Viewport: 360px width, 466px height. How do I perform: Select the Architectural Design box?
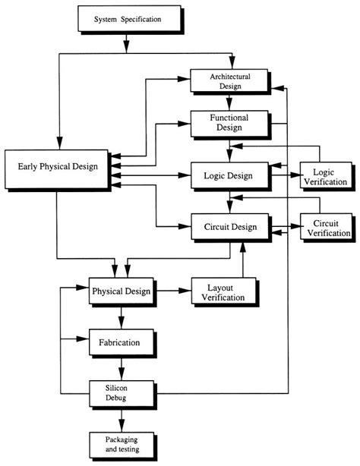229,80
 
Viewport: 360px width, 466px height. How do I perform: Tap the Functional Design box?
229,122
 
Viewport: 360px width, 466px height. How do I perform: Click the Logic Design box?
229,175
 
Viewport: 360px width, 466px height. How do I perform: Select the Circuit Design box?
229,226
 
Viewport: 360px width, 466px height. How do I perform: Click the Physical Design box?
121,291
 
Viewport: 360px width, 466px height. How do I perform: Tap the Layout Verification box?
223,291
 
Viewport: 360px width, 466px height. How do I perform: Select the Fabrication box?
121,343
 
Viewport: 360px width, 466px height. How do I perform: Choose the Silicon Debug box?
121,392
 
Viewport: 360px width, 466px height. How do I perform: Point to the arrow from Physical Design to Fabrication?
121,316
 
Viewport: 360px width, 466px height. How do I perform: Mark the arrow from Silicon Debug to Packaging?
121,418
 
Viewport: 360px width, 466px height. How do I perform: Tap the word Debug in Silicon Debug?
122,397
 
